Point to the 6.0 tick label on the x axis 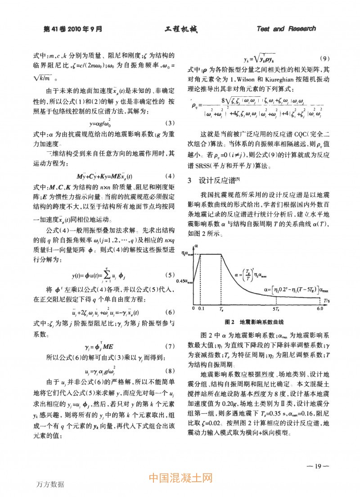(320, 308)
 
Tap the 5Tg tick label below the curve (278, 308)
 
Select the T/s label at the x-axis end (322, 298)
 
